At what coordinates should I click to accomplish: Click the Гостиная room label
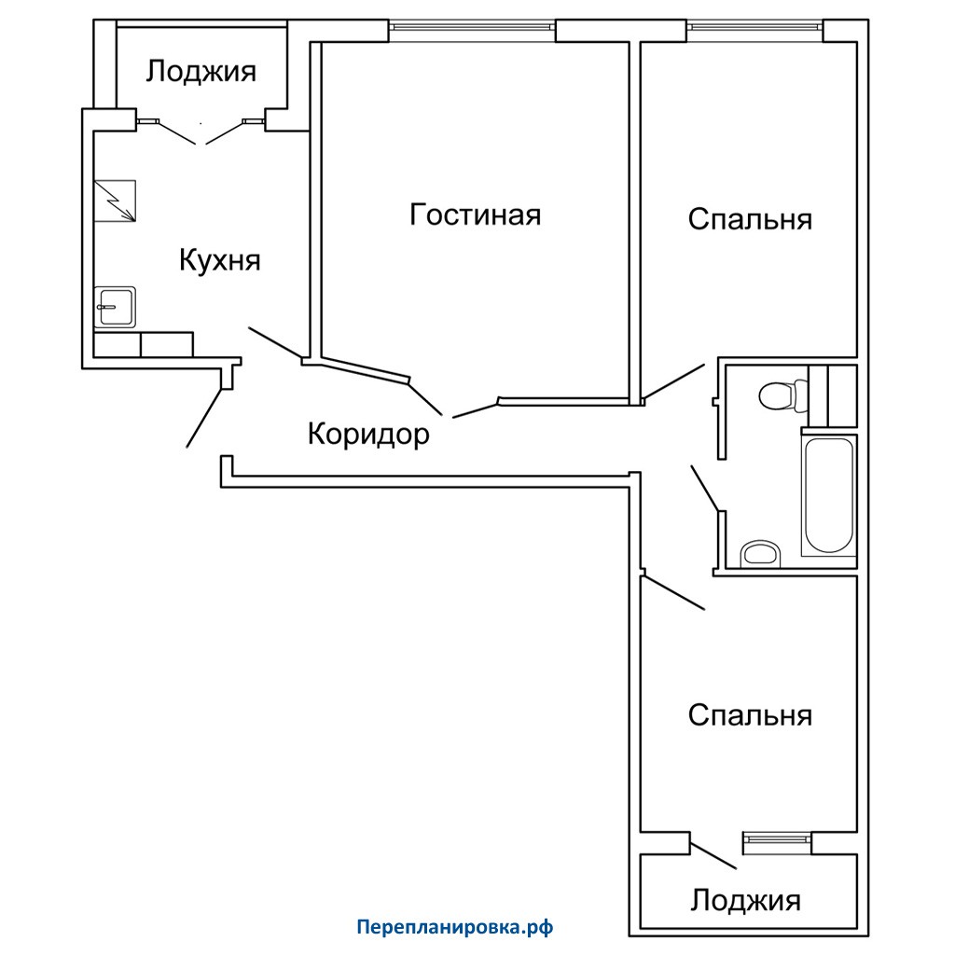475,215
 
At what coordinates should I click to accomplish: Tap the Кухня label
220,261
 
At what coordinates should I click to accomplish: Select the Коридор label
368,435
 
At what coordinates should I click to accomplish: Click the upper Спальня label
750,218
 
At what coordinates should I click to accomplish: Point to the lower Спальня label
750,715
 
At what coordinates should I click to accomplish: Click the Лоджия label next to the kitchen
201,71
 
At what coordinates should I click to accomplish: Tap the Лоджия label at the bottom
745,900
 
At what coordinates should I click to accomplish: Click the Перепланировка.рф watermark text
455,928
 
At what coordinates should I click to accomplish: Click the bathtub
829,495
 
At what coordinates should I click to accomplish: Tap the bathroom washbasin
760,553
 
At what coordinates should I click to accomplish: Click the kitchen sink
115,307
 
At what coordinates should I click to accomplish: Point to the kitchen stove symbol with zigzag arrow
115,201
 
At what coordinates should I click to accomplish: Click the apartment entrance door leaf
204,418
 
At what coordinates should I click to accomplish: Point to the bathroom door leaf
706,489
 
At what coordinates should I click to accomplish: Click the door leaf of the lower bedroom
673,591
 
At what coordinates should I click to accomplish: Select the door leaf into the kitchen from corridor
275,343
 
